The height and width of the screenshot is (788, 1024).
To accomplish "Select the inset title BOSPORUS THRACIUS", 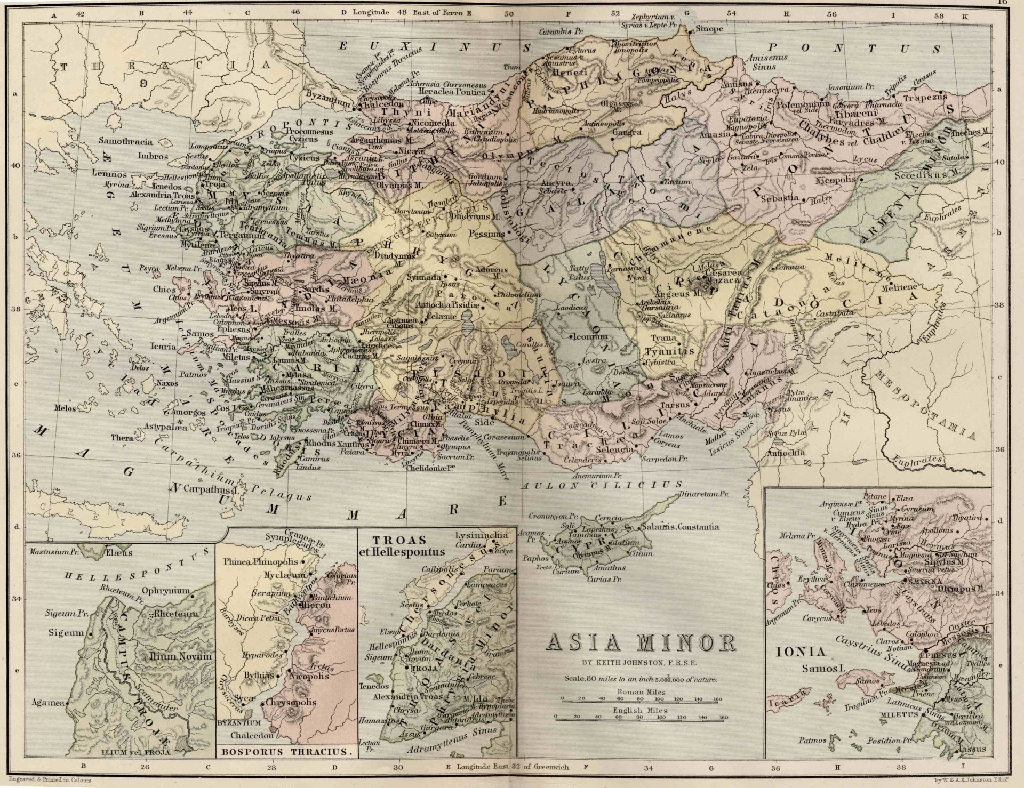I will (x=285, y=752).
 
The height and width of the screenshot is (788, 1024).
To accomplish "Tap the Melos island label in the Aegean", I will (x=65, y=408).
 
